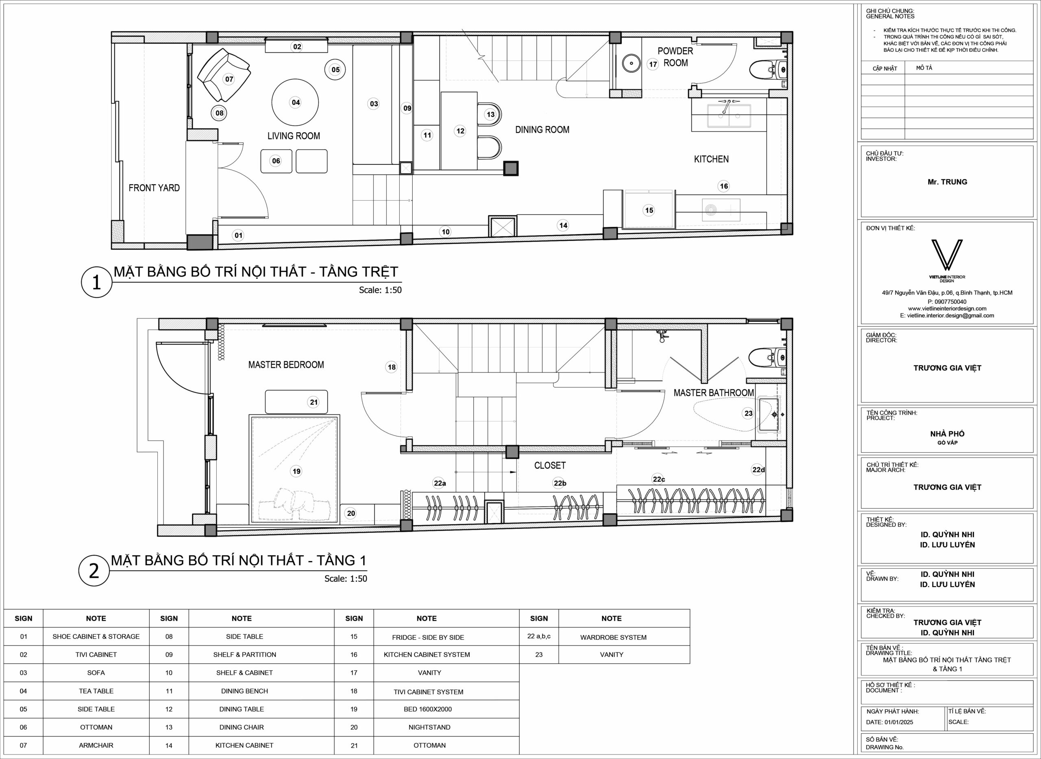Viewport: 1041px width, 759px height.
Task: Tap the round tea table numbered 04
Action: click(x=295, y=102)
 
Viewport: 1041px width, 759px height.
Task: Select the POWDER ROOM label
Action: click(x=675, y=57)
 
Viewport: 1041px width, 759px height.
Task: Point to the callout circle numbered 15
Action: click(x=649, y=210)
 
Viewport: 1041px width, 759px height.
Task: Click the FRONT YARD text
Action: click(x=154, y=188)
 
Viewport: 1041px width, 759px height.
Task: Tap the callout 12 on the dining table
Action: click(x=460, y=131)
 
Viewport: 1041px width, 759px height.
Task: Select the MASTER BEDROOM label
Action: click(x=286, y=365)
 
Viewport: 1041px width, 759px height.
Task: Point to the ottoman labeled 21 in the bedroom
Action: click(x=296, y=402)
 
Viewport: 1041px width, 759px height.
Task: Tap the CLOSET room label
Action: click(x=550, y=465)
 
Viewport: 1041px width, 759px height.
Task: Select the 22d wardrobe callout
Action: click(x=759, y=469)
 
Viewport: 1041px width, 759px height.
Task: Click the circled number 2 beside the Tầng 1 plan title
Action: click(x=94, y=571)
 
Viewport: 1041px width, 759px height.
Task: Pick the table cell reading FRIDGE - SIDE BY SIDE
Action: click(x=428, y=637)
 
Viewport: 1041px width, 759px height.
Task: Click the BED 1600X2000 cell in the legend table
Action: click(x=428, y=709)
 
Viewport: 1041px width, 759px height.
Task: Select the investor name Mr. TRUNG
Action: click(x=947, y=182)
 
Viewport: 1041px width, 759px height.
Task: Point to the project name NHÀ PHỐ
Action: click(x=947, y=434)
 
